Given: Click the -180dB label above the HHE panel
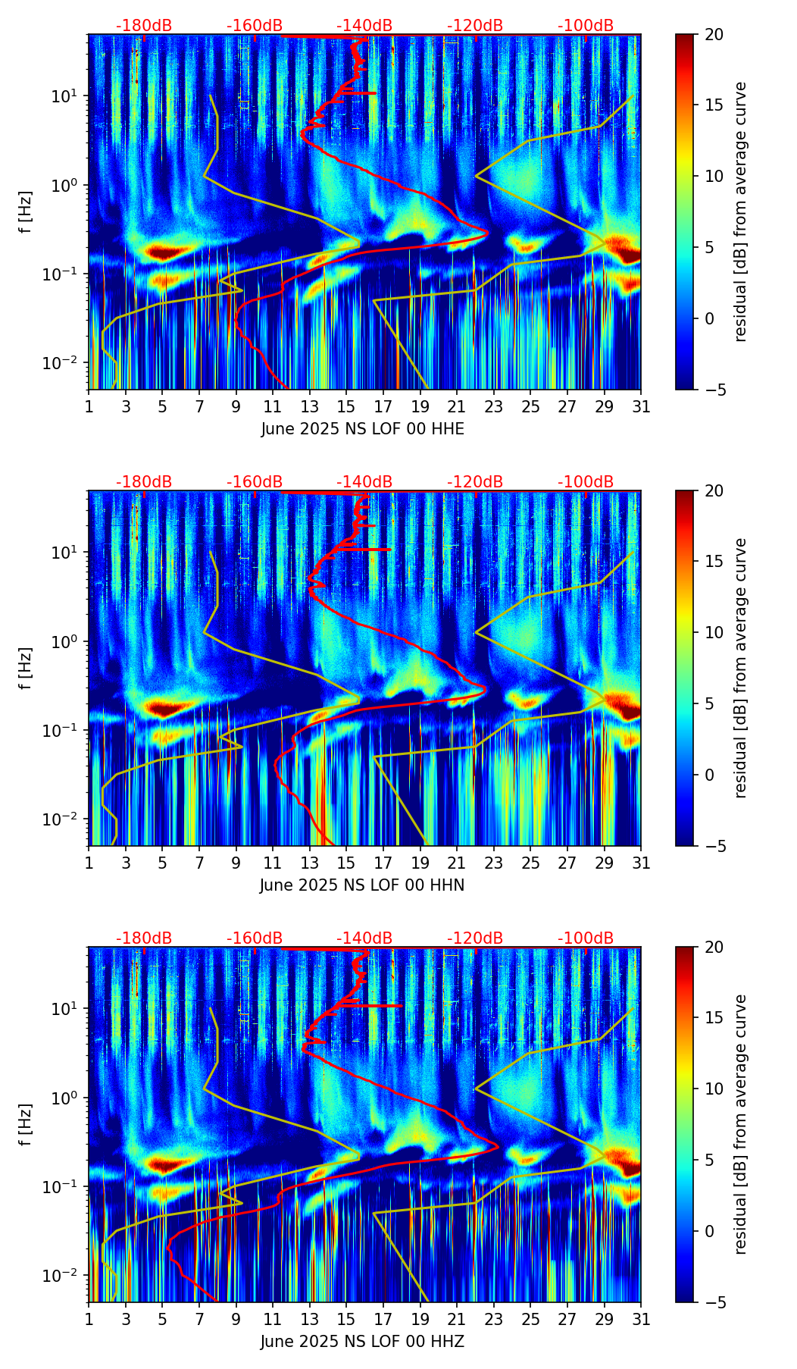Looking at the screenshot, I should click(144, 26).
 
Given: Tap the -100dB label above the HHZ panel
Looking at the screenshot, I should click(586, 938).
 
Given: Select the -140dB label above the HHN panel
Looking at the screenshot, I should click(364, 482).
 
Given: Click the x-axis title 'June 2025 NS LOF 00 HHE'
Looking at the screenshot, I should click(362, 429).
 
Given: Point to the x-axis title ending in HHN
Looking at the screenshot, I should click(362, 885).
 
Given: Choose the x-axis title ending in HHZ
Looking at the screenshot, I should click(362, 1342).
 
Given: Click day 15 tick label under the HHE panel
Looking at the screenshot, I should click(346, 407).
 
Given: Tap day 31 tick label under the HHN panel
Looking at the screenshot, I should click(641, 863).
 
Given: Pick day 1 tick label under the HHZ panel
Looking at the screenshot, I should click(89, 1320).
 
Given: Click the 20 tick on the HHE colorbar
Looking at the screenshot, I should click(714, 35).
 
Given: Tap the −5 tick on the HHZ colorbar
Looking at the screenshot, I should click(714, 1302).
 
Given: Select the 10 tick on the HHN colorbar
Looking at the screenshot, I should click(714, 632).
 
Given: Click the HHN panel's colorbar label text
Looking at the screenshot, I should click(741, 668).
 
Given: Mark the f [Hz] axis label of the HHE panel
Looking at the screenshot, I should click(26, 212).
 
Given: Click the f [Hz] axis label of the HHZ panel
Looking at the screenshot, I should click(26, 1125).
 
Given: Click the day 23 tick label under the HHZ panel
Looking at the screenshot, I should click(494, 1320).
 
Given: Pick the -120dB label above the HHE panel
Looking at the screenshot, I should click(475, 26).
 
